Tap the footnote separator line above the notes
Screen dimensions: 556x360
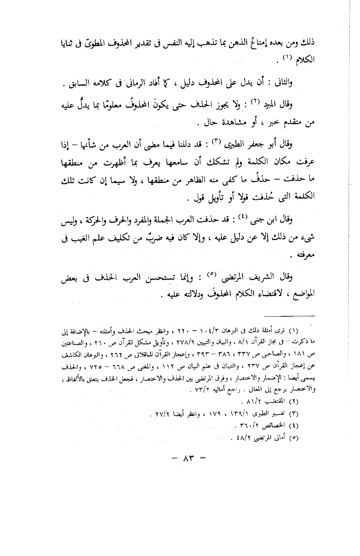click(290, 314)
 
